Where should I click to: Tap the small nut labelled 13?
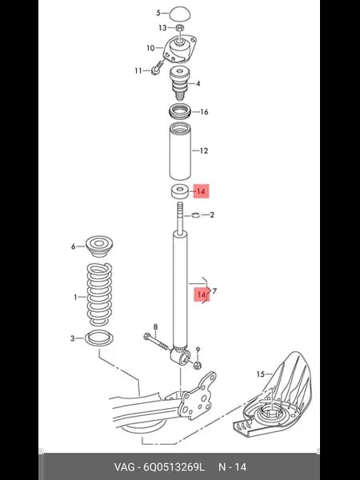click(180, 28)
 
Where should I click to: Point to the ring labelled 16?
click(180, 111)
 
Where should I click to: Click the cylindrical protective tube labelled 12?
click(180, 151)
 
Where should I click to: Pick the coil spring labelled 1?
click(99, 294)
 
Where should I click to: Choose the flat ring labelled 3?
click(99, 338)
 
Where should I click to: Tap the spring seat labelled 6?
click(99, 246)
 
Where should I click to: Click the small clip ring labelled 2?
click(196, 215)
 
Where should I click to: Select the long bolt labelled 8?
click(156, 342)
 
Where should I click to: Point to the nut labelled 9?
click(198, 364)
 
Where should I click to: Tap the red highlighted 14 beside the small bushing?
click(201, 191)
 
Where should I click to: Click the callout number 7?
click(214, 291)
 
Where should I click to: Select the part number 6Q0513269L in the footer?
click(174, 467)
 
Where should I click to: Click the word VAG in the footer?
click(124, 467)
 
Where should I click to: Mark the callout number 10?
click(150, 48)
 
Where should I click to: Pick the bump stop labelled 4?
click(180, 82)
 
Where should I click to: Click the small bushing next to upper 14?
click(180, 191)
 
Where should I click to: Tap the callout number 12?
click(203, 150)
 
